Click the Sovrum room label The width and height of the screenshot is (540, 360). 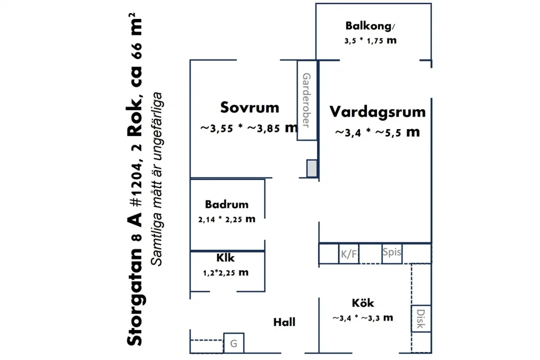click(249, 107)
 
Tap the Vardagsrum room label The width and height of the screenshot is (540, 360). click(377, 112)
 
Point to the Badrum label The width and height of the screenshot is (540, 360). click(226, 204)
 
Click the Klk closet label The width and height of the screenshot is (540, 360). click(225, 257)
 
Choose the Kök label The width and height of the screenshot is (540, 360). click(362, 303)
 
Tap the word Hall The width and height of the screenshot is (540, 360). click(284, 322)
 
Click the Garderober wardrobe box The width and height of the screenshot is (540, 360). click(307, 100)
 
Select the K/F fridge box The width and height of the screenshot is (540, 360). click(349, 254)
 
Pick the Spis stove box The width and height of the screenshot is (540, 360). click(392, 254)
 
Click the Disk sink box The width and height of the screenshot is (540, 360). click(421, 318)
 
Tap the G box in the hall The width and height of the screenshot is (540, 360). click(234, 343)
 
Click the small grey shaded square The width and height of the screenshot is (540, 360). click(312, 168)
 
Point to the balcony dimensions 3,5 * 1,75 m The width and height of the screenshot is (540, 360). click(370, 40)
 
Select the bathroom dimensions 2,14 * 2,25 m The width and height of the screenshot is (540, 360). click(226, 219)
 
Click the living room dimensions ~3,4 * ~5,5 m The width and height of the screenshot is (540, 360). click(377, 132)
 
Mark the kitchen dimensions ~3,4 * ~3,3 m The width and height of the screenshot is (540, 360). click(362, 318)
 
